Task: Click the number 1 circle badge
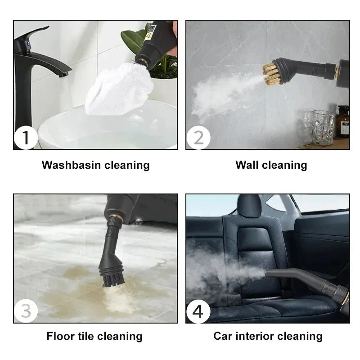coord(26,138)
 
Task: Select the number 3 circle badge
coord(26,311)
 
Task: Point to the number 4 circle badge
coord(198,311)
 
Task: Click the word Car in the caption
coord(223,336)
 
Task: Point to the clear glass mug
coord(324,128)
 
